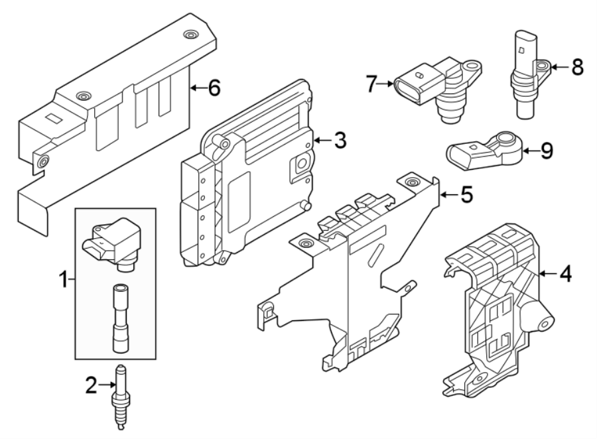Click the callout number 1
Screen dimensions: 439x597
coord(64,281)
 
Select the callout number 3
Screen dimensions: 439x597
coord(339,140)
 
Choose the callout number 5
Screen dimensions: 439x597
coord(466,194)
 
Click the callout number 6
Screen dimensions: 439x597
coord(214,88)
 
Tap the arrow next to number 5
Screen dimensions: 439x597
coord(448,194)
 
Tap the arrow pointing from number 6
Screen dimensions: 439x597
coord(196,88)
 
